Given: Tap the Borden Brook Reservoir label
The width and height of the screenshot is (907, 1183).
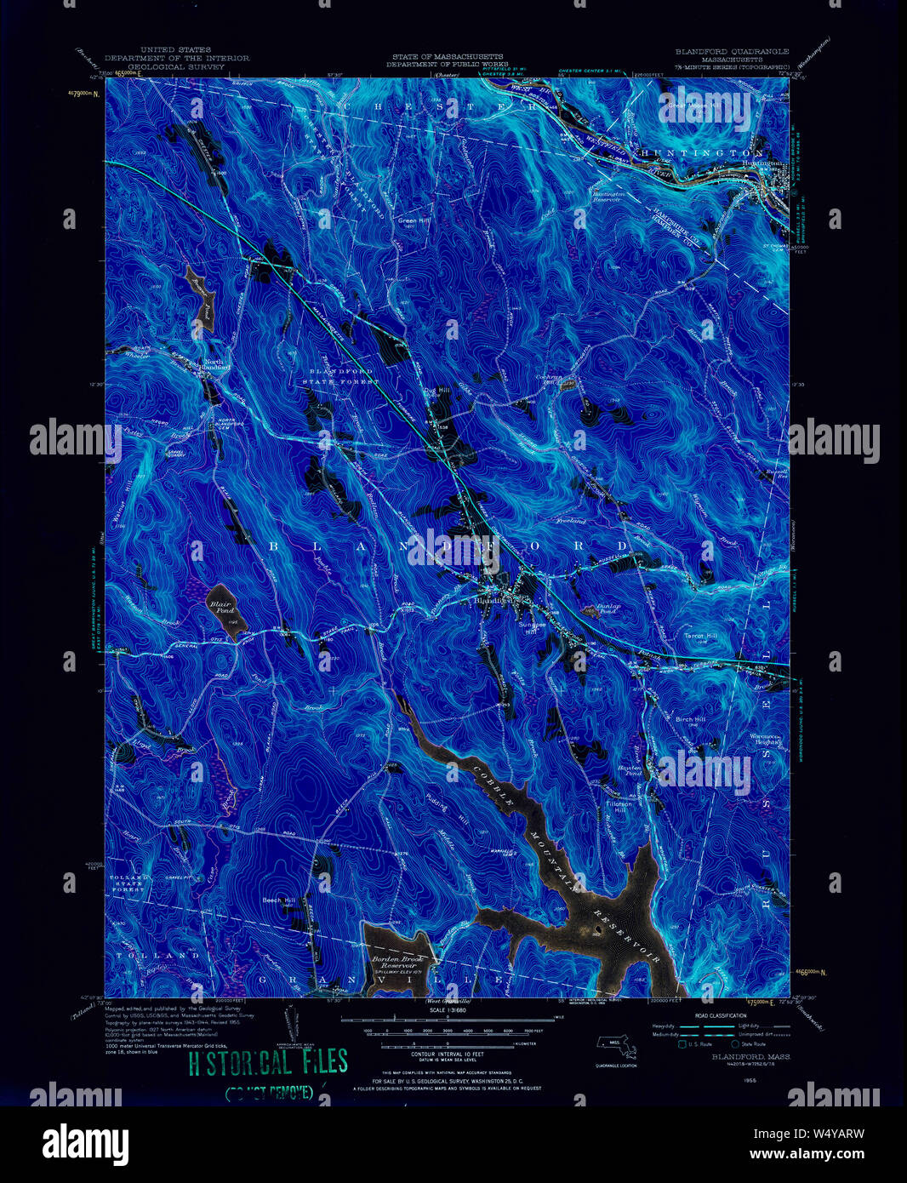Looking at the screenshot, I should pos(396,963).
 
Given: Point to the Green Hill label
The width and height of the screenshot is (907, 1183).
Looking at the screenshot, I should pos(411,220).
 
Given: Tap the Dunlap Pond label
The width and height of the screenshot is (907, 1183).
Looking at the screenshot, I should pos(607,609).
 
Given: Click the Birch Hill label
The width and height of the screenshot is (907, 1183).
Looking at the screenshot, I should pos(690,719).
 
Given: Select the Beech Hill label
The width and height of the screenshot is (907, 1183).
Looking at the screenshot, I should pos(278,900).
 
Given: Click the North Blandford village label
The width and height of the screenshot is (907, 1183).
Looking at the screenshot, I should pos(214,367).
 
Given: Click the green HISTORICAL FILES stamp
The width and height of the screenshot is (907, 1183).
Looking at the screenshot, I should pos(267,1062).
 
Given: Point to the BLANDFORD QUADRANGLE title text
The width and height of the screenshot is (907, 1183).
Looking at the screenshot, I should pos(732,51).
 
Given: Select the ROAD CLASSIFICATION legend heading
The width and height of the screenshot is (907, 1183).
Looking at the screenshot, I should pos(716,1016).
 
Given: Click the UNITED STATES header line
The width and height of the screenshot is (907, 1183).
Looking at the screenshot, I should pos(176,51).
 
